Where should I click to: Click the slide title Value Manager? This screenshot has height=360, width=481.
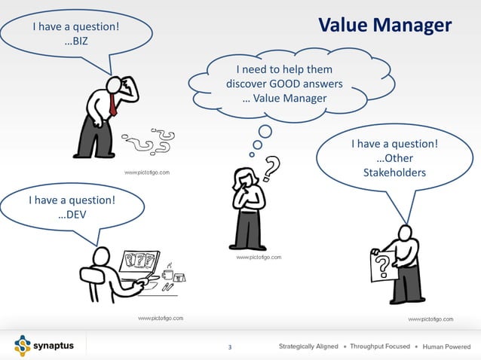tap(384, 26)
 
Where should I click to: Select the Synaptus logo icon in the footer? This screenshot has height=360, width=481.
tap(21, 346)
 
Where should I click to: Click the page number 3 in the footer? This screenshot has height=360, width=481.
tap(230, 347)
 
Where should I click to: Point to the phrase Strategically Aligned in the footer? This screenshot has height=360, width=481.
tap(308, 346)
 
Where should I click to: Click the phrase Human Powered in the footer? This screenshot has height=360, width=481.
tap(447, 346)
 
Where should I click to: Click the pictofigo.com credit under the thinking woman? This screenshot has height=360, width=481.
tap(259, 258)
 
